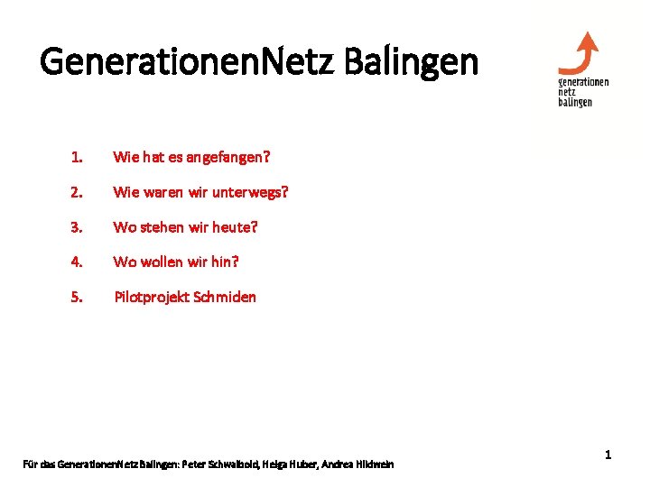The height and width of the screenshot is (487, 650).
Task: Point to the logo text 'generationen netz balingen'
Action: pyautogui.click(x=583, y=91)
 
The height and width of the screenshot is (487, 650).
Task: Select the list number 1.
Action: pyautogui.click(x=77, y=158)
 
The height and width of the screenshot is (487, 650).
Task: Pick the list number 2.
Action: pyautogui.click(x=77, y=193)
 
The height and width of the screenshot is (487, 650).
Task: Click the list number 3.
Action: pyautogui.click(x=77, y=227)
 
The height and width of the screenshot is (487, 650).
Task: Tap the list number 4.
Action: pyautogui.click(x=77, y=262)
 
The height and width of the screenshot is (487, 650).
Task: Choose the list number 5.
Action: pyautogui.click(x=77, y=297)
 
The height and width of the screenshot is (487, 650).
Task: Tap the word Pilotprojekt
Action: pyautogui.click(x=151, y=297)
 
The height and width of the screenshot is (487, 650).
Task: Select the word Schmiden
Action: pyautogui.click(x=225, y=297)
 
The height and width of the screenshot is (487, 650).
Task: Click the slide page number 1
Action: pyautogui.click(x=608, y=455)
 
